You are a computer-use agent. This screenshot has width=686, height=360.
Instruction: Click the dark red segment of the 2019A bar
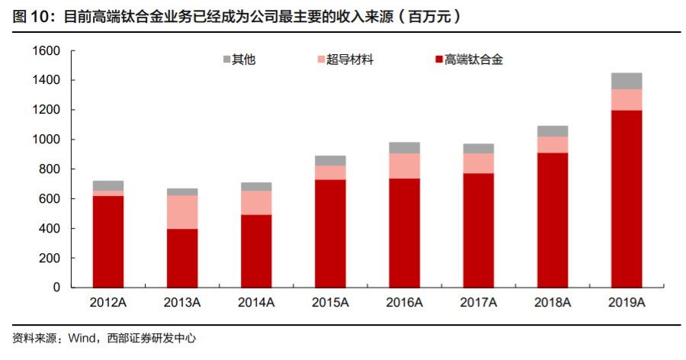click(x=627, y=199)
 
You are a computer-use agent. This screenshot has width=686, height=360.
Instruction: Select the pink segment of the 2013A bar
click(x=182, y=212)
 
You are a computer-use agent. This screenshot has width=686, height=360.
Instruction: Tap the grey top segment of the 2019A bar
click(x=627, y=81)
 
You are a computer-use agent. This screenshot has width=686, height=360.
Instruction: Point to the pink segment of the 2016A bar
click(x=404, y=166)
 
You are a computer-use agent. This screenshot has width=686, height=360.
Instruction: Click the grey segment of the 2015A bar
click(x=330, y=161)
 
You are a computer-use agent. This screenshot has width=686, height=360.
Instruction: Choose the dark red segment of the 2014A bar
click(x=256, y=251)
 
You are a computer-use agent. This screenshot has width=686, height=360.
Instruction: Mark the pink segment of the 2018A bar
click(x=553, y=144)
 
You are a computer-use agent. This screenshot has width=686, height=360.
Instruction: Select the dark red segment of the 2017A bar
click(x=479, y=230)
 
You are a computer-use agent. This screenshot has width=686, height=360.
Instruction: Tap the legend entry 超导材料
click(x=349, y=59)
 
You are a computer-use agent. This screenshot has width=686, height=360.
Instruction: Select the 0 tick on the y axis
click(x=56, y=288)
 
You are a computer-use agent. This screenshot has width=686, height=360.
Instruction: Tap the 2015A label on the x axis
click(x=330, y=304)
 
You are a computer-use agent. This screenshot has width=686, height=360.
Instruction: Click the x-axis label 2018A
click(x=553, y=304)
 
